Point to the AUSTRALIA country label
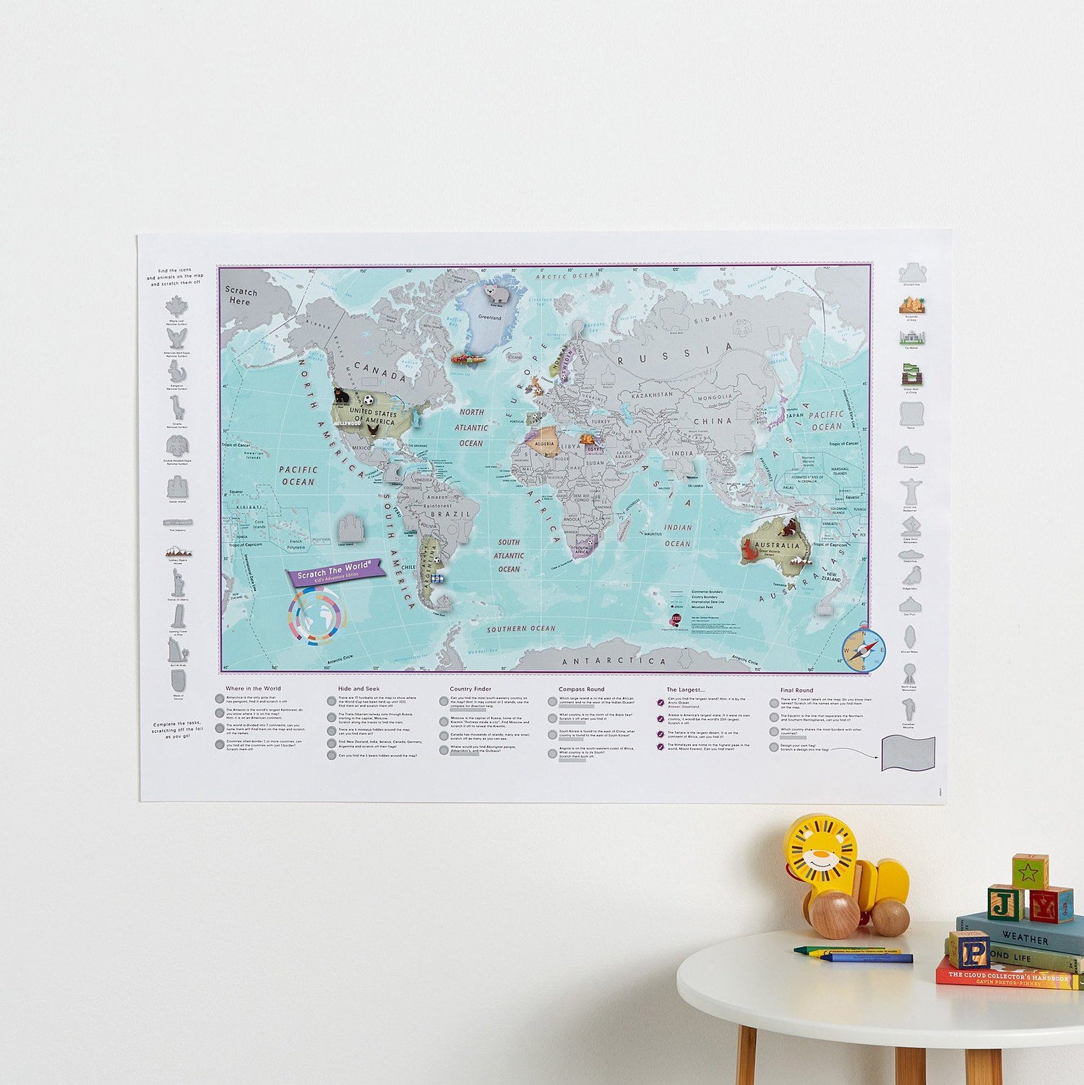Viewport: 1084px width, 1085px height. [778, 545]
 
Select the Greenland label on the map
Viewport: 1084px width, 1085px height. [489, 317]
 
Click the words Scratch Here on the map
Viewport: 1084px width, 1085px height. [241, 296]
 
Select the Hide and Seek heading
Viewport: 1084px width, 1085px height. [358, 689]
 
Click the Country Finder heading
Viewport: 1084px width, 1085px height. [470, 689]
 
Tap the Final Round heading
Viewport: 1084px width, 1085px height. [796, 690]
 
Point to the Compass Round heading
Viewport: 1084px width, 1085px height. [581, 689]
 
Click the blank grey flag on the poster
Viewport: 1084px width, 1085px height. [908, 754]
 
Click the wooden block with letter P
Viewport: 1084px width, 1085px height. [968, 949]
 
